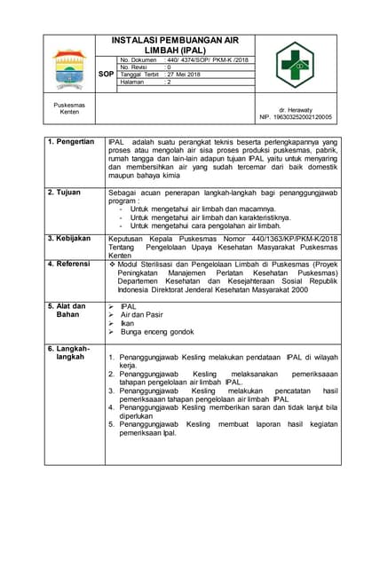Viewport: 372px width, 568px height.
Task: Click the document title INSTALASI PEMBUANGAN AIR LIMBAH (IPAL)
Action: point(174,46)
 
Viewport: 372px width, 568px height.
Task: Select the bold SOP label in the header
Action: point(106,75)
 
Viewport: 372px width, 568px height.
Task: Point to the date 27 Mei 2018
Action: point(184,75)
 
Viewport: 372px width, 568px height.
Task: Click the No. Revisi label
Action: point(138,67)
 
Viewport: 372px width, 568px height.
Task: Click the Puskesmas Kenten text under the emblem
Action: point(68,108)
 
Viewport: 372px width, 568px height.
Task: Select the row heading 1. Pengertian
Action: point(71,142)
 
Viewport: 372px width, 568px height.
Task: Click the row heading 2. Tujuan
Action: point(65,192)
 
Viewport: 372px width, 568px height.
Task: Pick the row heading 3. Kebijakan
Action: point(70,239)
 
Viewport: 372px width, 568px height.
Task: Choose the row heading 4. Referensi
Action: point(71,264)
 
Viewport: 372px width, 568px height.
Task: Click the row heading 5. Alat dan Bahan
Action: point(67,311)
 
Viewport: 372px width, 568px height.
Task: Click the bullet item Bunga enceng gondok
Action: point(157,332)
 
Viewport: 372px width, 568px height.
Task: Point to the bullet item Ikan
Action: point(128,323)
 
